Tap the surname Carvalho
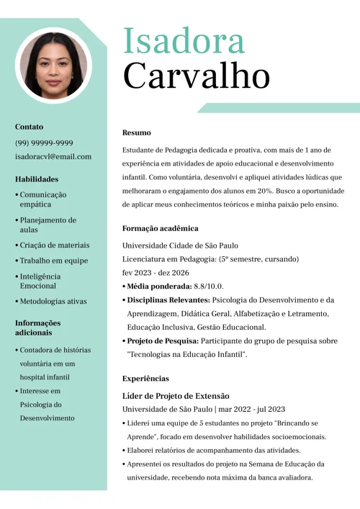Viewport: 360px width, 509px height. pos(196,75)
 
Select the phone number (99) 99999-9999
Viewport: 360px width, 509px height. pos(44,143)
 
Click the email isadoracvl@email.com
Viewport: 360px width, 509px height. pos(53,156)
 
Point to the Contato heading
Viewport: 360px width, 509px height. pos(29,127)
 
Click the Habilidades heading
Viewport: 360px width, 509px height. pos(37,179)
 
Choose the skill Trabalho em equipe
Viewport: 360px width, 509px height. pos(53,261)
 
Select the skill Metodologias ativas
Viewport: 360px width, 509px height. pos(53,301)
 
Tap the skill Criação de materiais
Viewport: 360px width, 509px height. pos(54,245)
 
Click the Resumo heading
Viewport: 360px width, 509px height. pos(137,132)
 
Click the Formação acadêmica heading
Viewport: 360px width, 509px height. pos(160,228)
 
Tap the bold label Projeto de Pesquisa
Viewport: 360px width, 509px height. pos(162,341)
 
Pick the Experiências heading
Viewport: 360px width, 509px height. pos(145,378)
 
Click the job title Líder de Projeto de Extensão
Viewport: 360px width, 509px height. pos(176,395)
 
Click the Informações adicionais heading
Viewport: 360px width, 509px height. pos(37,328)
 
